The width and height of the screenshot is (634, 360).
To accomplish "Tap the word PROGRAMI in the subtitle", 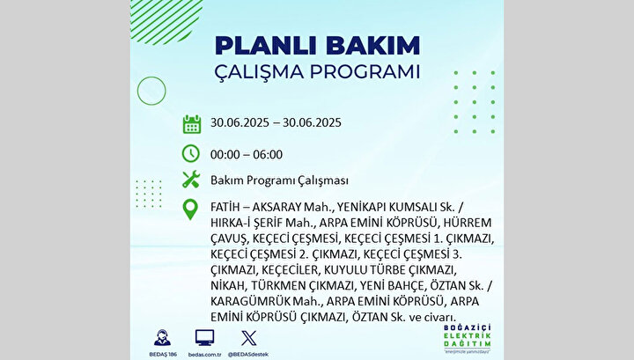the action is pyautogui.click(x=365, y=72).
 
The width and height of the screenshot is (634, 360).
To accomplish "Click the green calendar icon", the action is pyautogui.click(x=192, y=124).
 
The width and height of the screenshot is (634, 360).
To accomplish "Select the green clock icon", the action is pyautogui.click(x=191, y=153).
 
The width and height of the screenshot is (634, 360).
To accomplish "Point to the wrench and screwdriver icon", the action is pyautogui.click(x=191, y=179).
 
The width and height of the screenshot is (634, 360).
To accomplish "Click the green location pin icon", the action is pyautogui.click(x=190, y=209).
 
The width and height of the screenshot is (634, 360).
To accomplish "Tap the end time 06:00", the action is pyautogui.click(x=268, y=155).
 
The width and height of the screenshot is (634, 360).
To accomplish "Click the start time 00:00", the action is pyautogui.click(x=225, y=155).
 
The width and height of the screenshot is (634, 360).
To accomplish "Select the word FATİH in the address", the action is pyautogui.click(x=225, y=207).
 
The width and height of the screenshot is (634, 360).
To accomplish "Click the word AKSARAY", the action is pyautogui.click(x=277, y=207).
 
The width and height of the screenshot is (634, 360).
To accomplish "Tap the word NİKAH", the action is pyautogui.click(x=228, y=286).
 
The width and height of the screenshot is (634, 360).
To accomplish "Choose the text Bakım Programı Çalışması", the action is pyautogui.click(x=279, y=180).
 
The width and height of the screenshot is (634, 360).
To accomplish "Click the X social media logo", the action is pyautogui.click(x=248, y=338).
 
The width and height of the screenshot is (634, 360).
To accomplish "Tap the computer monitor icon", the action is pyautogui.click(x=204, y=337).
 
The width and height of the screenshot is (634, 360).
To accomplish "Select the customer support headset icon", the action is pyautogui.click(x=163, y=338).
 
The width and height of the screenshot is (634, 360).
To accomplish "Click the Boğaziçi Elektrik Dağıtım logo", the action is pyautogui.click(x=467, y=339).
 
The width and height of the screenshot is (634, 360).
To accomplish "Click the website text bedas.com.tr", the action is pyautogui.click(x=204, y=355).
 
